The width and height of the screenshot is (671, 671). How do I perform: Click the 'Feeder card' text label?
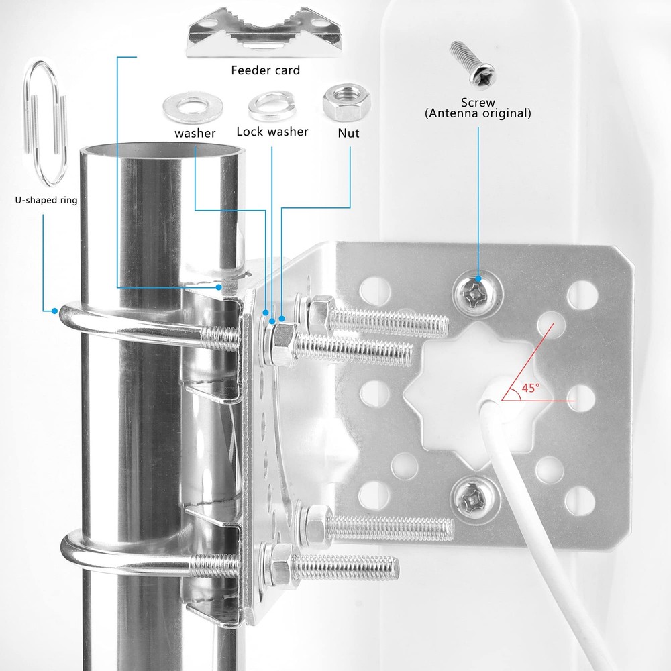click(x=265, y=70)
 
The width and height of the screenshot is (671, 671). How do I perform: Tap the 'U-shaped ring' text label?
click(x=46, y=200)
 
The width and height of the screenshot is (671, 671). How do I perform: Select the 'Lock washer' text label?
click(x=272, y=132)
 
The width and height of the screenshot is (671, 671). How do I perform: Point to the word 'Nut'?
click(x=348, y=133)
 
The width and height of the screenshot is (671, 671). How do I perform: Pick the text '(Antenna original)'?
click(x=478, y=114)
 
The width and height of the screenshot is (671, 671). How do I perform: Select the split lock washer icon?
click(x=268, y=105)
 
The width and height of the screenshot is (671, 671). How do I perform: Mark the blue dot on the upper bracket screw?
click(x=478, y=278)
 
